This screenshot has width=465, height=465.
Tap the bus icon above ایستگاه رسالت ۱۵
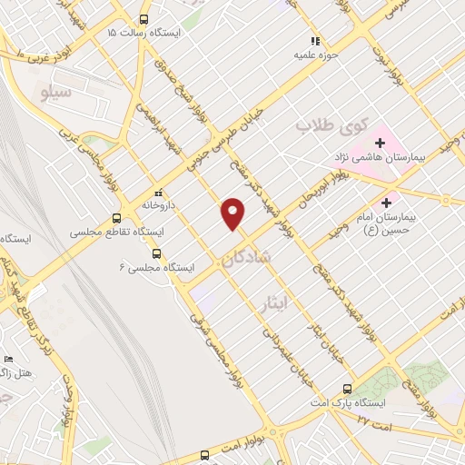(x=143, y=19)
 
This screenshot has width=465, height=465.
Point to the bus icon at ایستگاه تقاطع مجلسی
(x=116, y=218)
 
